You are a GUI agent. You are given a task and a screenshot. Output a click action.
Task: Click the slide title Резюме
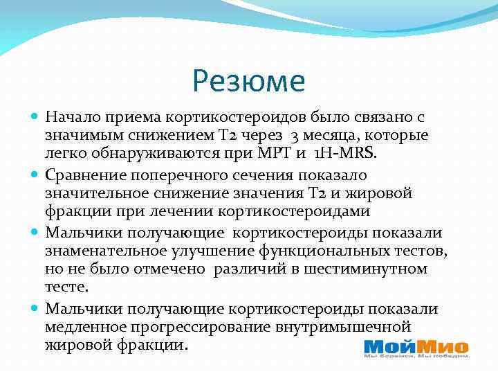tap(249, 81)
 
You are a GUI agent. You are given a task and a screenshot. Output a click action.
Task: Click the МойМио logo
tap(416, 348)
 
